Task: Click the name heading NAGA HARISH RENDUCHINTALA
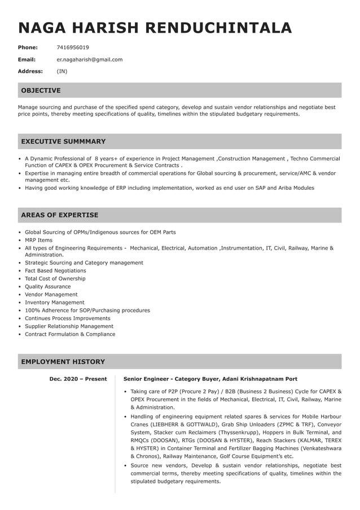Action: tap(155, 28)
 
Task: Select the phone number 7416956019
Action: tap(73, 47)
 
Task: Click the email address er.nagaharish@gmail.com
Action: tap(89, 59)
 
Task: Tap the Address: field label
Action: tap(30, 71)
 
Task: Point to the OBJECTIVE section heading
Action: tap(41, 90)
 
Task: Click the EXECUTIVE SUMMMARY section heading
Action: tap(63, 141)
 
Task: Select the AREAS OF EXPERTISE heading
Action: tap(59, 215)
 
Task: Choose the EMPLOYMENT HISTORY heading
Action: tap(63, 361)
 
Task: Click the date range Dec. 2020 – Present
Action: tap(78, 379)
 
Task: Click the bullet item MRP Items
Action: tap(38, 240)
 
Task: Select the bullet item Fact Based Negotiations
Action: tap(55, 271)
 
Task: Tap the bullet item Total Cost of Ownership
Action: tap(55, 278)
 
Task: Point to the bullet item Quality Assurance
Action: tap(47, 286)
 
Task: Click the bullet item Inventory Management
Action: tap(54, 302)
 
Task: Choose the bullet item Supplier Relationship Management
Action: tap(69, 326)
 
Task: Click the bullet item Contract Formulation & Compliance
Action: tap(70, 334)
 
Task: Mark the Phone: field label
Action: tap(28, 47)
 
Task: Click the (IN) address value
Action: tap(62, 71)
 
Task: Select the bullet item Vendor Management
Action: tap(51, 294)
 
